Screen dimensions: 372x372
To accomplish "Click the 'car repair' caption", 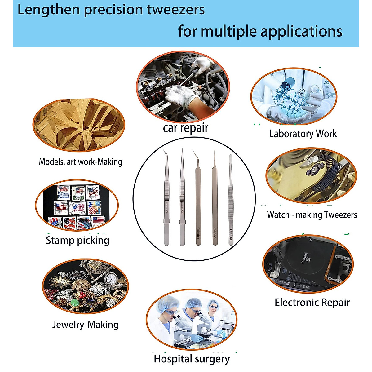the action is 186,128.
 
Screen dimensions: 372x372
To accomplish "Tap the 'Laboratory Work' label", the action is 303,134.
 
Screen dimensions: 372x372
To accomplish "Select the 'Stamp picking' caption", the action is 77,240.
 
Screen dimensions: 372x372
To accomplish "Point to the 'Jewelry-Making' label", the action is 86,325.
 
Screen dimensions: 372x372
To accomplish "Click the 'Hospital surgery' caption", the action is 192,359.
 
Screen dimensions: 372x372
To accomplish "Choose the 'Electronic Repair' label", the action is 312,303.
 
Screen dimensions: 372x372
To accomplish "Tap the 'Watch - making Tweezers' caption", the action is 312,215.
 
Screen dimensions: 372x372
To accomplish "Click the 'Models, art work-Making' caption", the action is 81,162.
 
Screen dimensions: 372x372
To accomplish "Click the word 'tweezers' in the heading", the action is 176,10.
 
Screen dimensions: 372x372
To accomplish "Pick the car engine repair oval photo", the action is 183,87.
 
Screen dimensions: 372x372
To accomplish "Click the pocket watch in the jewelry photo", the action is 110,279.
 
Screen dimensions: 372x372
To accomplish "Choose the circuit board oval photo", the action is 308,264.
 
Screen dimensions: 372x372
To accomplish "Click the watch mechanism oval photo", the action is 311,175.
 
